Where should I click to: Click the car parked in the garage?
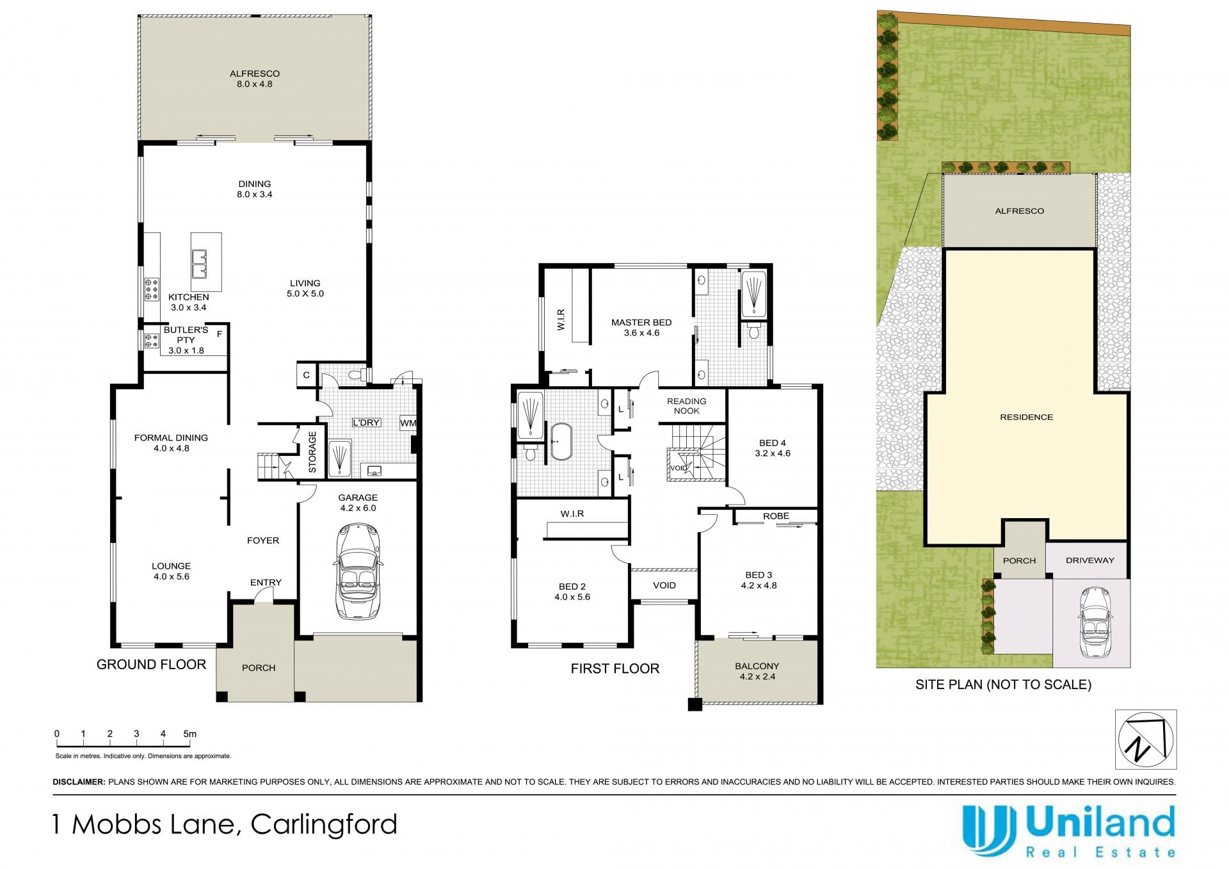tap(357, 571)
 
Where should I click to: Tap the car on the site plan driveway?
tap(1095, 622)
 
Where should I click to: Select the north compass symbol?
tap(1146, 740)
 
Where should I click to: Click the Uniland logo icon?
tap(989, 831)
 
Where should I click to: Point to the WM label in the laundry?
tap(408, 423)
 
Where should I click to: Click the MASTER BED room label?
tap(641, 327)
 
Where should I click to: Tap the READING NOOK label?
tap(686, 406)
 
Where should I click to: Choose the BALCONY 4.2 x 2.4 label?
tap(757, 671)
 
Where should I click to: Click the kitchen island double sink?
tap(199, 264)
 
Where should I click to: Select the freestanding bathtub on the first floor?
tap(561, 441)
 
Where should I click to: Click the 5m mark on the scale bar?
tap(189, 734)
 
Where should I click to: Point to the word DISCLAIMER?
tap(79, 782)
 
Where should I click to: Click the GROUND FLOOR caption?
tap(151, 665)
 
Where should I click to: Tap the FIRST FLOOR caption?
tap(614, 669)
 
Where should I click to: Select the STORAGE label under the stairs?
tap(312, 452)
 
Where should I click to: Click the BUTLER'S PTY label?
tap(186, 335)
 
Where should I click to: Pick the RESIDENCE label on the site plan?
tap(1026, 417)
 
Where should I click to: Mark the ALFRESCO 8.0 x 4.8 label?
tap(255, 79)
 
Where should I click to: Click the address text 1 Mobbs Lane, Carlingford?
tap(225, 824)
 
